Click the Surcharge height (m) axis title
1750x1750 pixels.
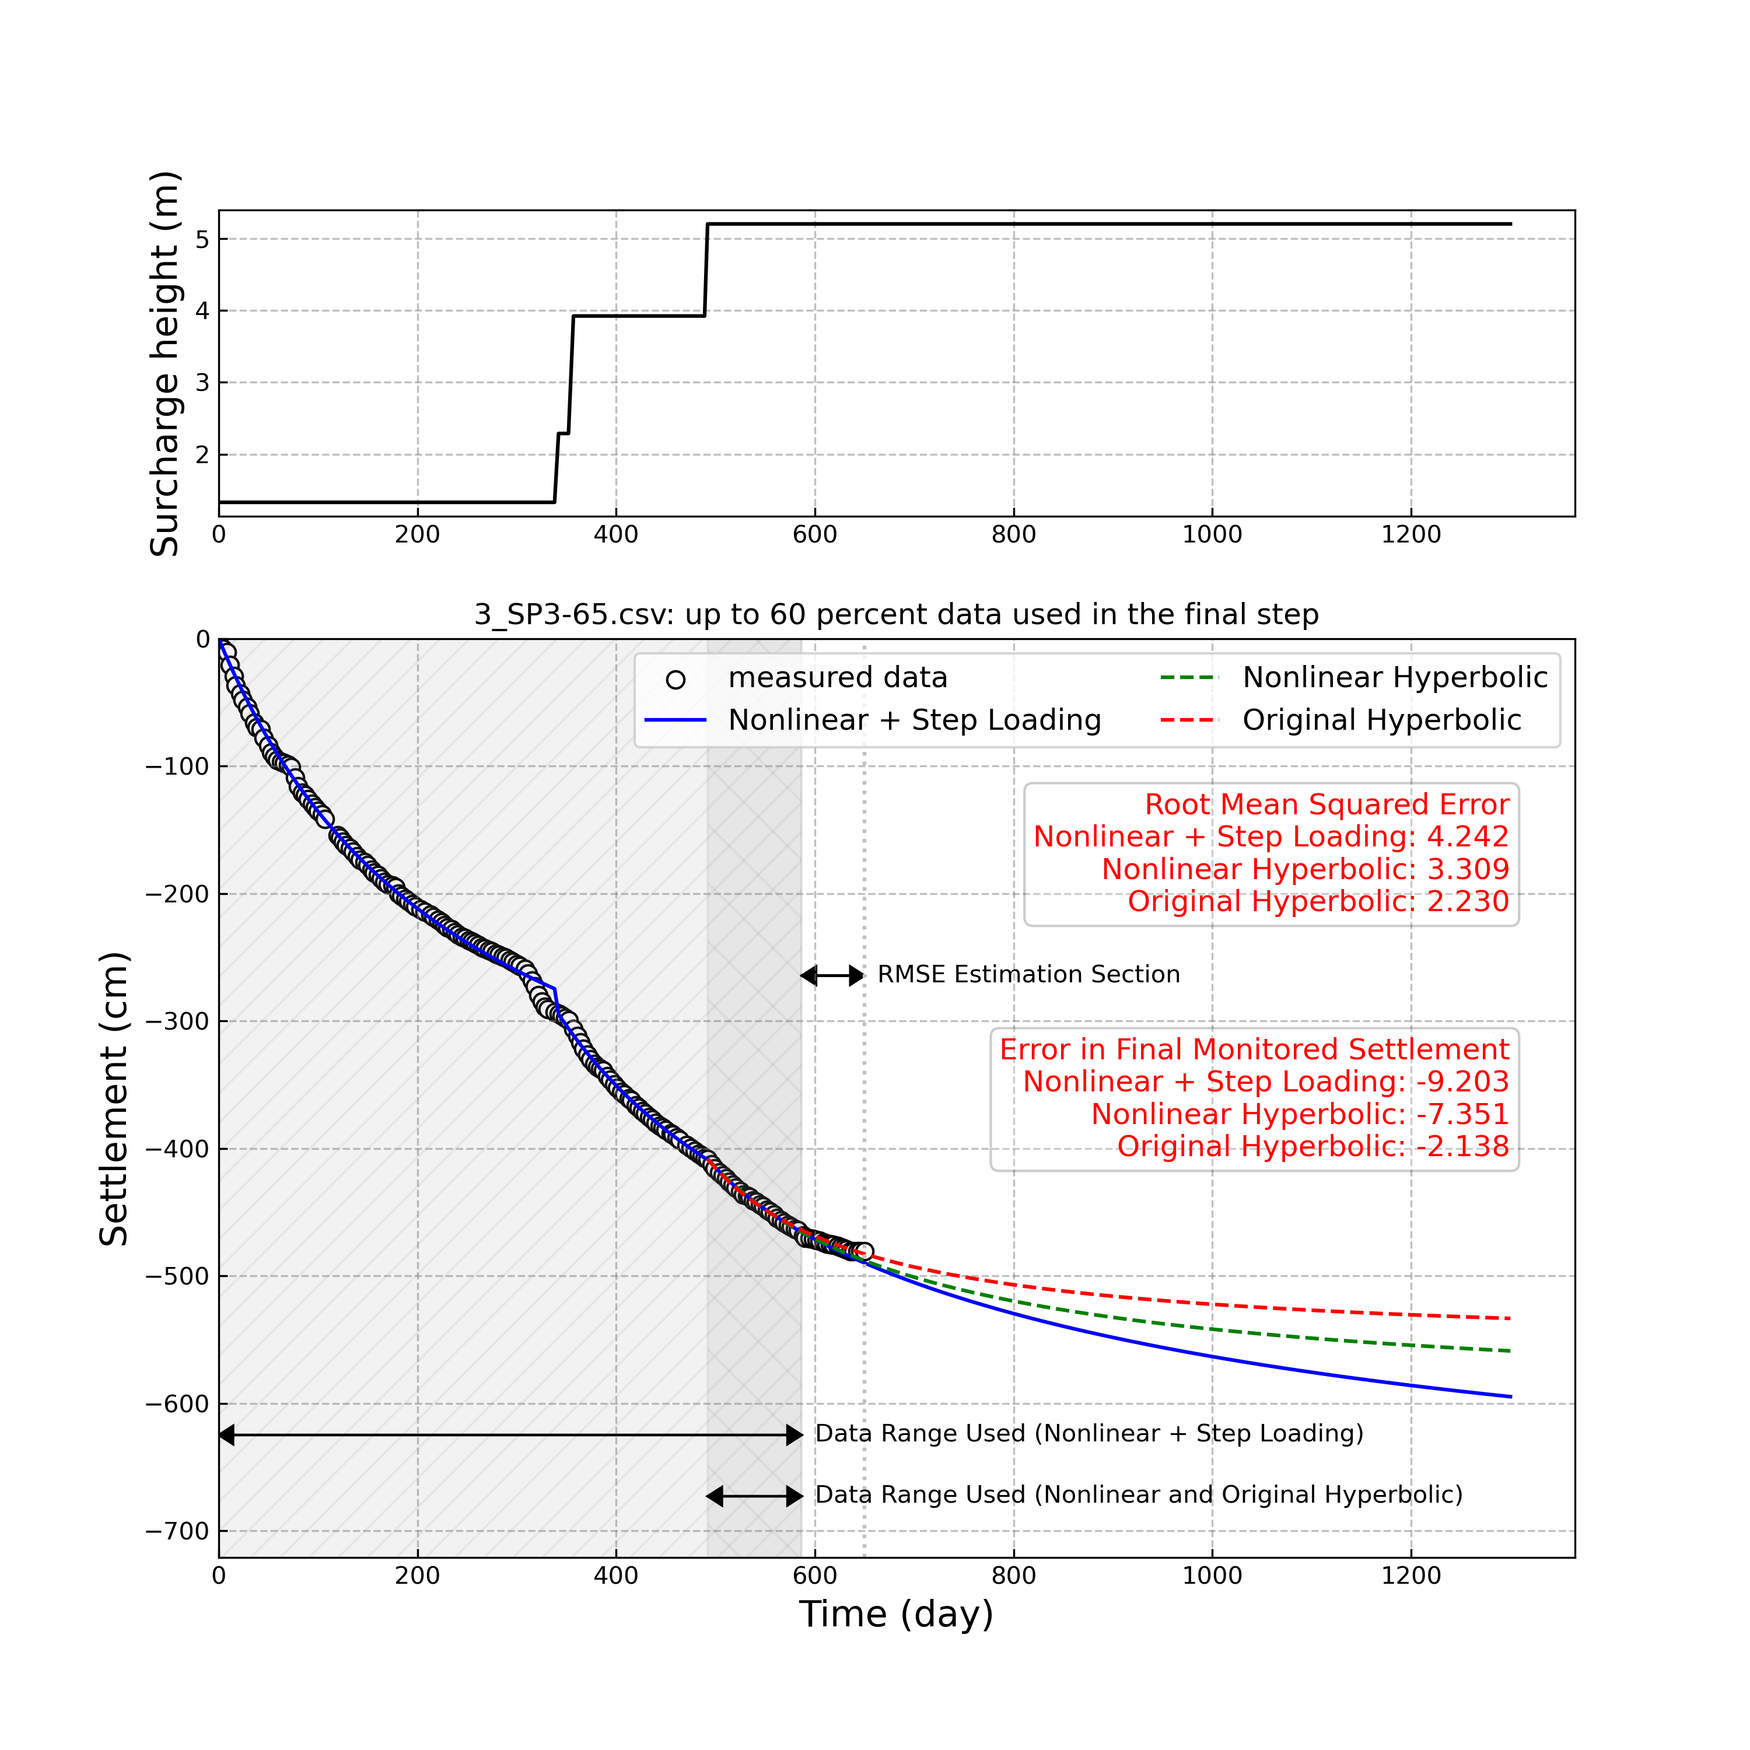click(x=165, y=363)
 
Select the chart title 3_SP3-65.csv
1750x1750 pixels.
click(x=896, y=615)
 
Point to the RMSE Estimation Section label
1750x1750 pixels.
click(x=1028, y=975)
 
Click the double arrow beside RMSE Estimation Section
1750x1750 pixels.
click(x=832, y=975)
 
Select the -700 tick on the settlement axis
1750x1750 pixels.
click(x=177, y=1532)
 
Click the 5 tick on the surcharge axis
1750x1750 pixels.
click(x=202, y=239)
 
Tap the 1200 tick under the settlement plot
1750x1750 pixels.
click(x=1410, y=1577)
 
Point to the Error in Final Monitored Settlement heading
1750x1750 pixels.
click(x=1254, y=1050)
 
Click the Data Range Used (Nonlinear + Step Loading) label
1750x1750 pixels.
click(x=1088, y=1434)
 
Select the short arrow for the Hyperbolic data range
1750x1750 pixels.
click(x=754, y=1496)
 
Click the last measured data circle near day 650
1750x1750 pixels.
click(x=864, y=1252)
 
